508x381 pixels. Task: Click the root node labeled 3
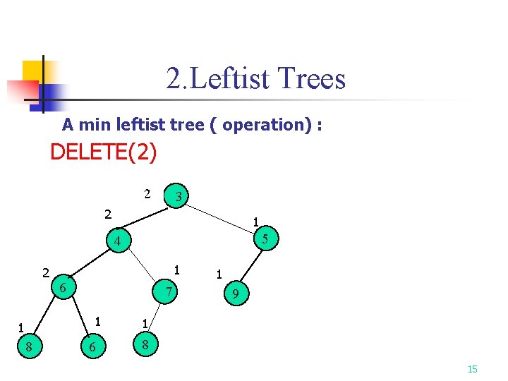(x=180, y=197)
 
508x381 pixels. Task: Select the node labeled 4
(x=119, y=241)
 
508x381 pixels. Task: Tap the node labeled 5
(x=265, y=239)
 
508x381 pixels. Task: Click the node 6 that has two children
(x=63, y=288)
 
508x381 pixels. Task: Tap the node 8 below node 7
(x=145, y=345)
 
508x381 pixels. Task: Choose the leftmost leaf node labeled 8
(x=28, y=346)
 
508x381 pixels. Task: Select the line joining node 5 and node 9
(x=251, y=267)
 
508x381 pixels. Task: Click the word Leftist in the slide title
(x=230, y=78)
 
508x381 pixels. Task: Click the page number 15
(x=473, y=369)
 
